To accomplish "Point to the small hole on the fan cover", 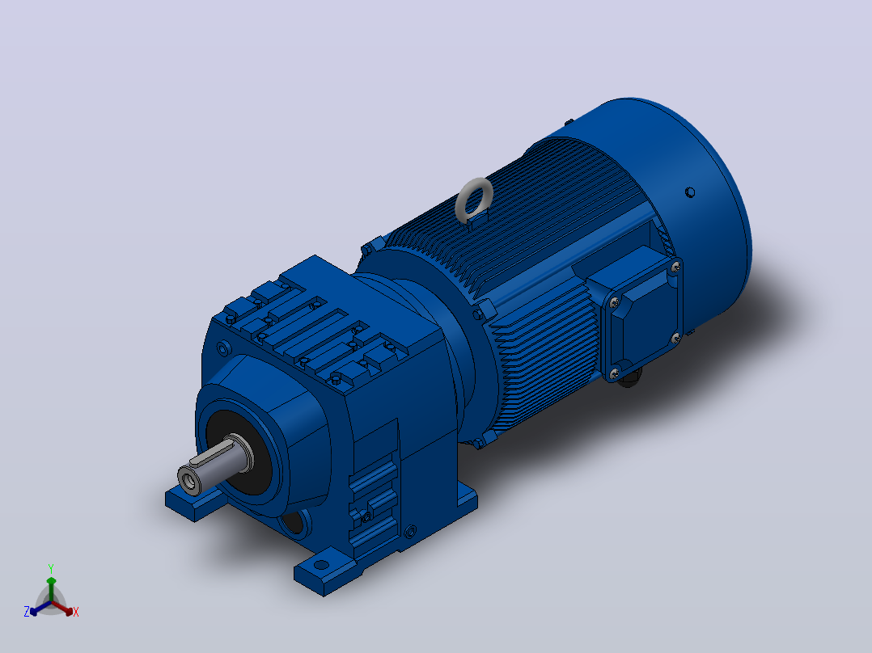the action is coord(689,192).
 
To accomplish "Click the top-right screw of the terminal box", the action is coord(675,268).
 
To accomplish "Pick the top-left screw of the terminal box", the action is coord(614,303).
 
